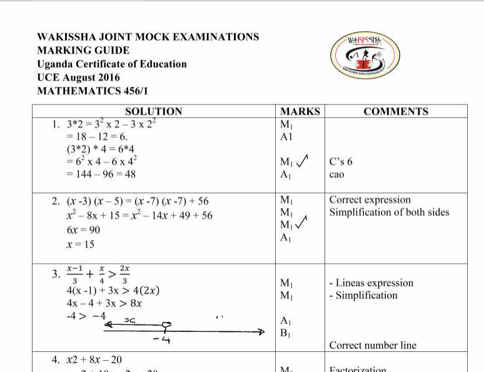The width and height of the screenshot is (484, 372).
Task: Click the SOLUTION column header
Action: tap(154, 111)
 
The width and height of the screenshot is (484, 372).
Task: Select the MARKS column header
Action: tap(300, 111)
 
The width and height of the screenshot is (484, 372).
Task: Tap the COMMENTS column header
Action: tap(396, 111)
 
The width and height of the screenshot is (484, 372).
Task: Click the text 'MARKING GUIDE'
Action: tap(83, 51)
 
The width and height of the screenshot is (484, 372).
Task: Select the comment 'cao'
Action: tap(336, 175)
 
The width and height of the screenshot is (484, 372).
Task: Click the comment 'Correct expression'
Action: tap(370, 200)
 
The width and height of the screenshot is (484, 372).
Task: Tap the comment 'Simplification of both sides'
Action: tap(389, 212)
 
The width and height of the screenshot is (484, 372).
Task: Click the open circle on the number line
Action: tap(165, 325)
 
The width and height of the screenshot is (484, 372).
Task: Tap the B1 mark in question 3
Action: tap(286, 333)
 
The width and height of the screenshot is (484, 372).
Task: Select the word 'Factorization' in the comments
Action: tap(358, 369)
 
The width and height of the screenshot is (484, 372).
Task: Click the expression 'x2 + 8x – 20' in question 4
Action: tap(94, 359)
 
